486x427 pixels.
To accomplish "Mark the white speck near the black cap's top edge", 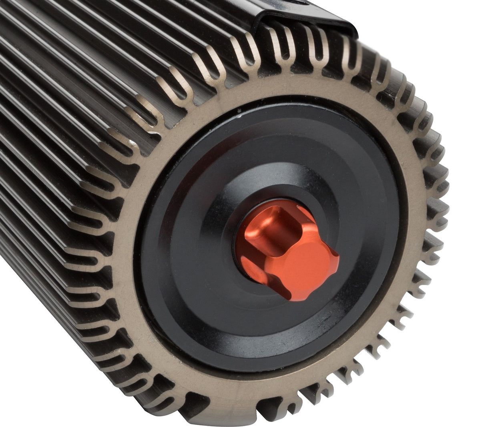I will [239, 111].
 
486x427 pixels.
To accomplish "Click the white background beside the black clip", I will [420, 24].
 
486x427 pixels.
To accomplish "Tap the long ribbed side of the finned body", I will [80, 120].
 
